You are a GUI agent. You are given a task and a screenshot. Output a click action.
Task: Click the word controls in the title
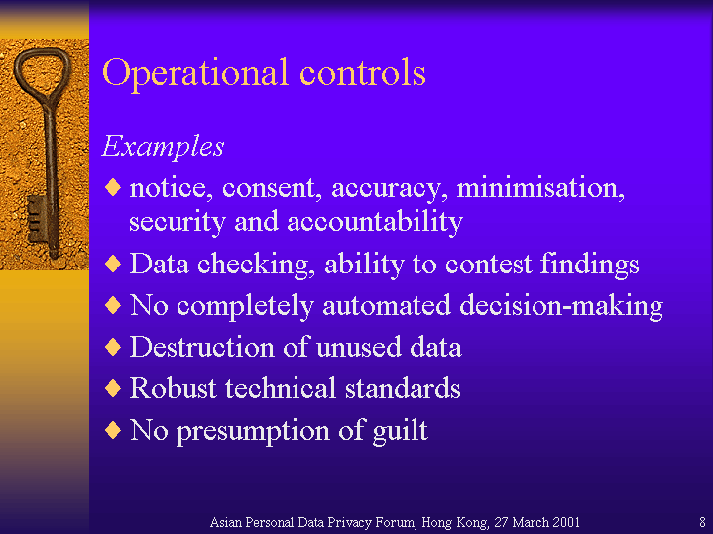(363, 72)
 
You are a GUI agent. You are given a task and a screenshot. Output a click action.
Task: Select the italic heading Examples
(164, 147)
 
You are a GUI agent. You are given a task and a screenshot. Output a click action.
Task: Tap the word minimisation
(540, 188)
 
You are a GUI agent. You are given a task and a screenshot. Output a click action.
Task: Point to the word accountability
(375, 223)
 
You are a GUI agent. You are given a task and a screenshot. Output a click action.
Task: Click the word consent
(272, 189)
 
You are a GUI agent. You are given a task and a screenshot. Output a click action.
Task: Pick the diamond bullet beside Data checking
(113, 264)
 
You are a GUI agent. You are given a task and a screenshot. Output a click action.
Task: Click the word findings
(589, 265)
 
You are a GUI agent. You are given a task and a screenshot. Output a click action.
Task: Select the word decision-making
(561, 306)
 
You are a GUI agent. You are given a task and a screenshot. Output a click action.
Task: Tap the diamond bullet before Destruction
(113, 347)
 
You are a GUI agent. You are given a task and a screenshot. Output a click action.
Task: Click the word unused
(359, 347)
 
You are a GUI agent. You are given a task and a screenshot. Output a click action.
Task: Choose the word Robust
(174, 388)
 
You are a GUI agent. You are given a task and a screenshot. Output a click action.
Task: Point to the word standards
(403, 388)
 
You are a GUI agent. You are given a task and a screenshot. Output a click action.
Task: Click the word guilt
(401, 430)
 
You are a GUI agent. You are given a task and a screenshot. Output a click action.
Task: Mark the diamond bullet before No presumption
(113, 430)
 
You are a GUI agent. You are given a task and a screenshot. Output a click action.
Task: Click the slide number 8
(702, 522)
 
